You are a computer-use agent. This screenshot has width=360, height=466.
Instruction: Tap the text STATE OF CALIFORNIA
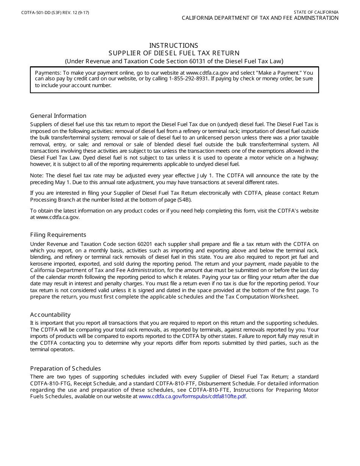316,12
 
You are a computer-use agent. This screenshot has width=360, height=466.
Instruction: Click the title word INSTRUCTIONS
174,45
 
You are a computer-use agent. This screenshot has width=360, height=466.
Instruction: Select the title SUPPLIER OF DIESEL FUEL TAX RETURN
174,53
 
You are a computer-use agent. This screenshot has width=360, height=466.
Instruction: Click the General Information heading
58,116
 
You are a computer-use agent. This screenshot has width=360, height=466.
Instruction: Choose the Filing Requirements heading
58,235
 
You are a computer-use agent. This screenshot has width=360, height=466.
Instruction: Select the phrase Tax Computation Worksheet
267,297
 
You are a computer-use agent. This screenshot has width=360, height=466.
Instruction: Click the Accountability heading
50,314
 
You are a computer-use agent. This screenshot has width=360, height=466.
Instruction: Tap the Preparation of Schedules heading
65,368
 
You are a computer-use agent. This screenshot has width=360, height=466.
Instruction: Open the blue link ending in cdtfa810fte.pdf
193,396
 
